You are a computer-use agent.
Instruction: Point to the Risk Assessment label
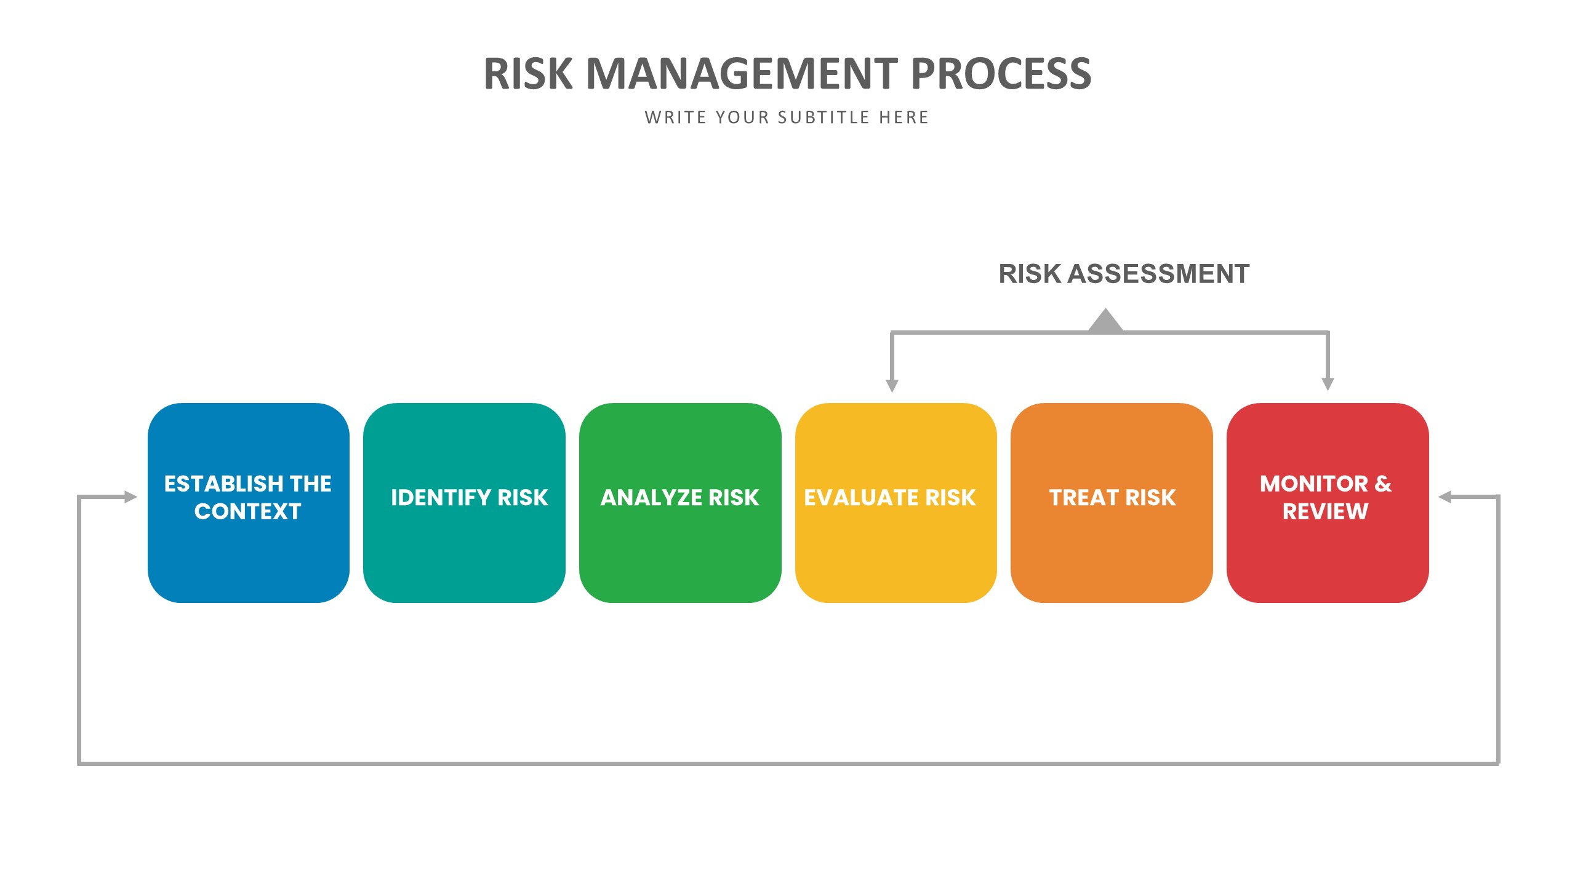click(1124, 274)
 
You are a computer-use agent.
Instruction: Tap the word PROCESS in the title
click(1000, 74)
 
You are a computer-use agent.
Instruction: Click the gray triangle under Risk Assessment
click(1105, 322)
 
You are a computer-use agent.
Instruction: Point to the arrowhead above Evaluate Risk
click(892, 385)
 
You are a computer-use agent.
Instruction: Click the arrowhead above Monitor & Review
click(1328, 384)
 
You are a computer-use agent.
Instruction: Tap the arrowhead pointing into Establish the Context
click(130, 497)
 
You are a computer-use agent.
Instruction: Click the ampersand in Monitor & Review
click(1382, 484)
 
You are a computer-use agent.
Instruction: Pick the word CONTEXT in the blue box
click(247, 511)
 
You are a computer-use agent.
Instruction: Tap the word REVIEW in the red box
click(1325, 511)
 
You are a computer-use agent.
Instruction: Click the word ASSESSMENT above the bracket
click(1158, 274)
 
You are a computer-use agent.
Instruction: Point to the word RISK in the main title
click(528, 74)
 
